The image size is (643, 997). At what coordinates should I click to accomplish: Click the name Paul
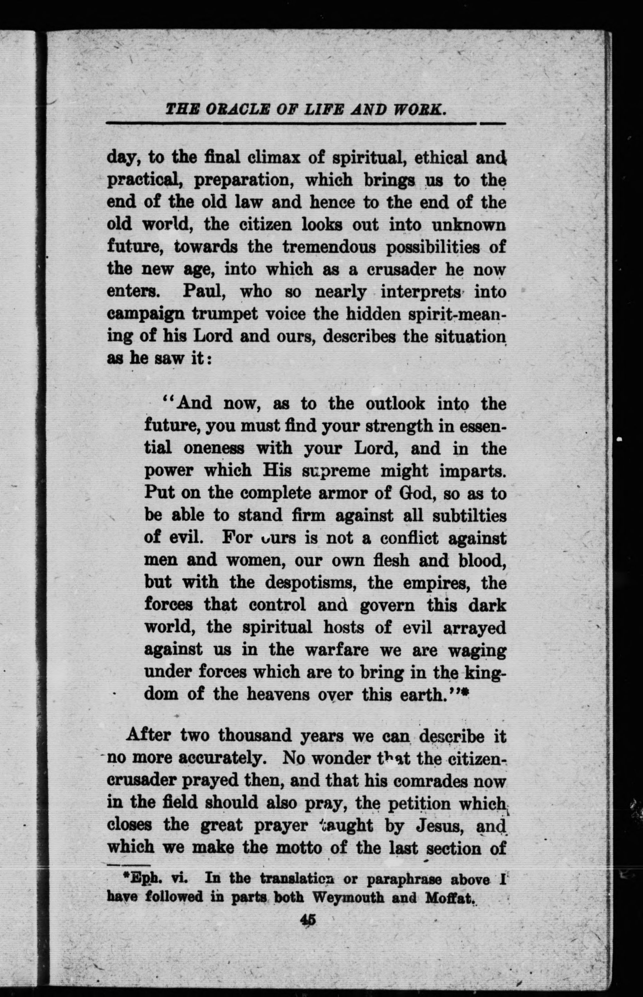click(x=202, y=292)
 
